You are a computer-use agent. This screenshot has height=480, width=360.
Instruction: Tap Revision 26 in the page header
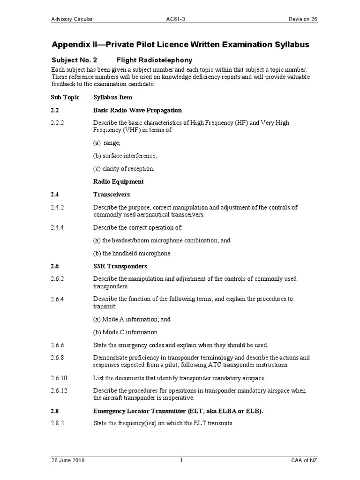click(303, 19)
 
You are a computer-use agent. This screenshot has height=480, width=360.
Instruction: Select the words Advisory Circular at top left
click(72, 19)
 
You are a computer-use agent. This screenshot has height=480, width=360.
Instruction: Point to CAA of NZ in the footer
click(304, 461)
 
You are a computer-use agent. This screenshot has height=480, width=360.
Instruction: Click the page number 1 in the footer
click(180, 461)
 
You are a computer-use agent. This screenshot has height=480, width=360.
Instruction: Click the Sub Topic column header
click(65, 97)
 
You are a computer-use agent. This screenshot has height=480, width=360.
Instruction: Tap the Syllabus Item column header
click(112, 97)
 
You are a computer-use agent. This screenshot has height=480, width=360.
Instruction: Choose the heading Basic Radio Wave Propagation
click(137, 110)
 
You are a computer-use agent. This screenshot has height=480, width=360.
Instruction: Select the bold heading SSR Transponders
click(120, 266)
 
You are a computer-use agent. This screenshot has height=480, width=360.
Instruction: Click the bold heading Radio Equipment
click(118, 181)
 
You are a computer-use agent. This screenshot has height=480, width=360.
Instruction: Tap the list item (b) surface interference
click(125, 156)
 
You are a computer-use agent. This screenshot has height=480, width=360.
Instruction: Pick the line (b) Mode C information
click(126, 332)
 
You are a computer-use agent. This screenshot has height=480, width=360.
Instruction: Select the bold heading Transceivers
click(112, 194)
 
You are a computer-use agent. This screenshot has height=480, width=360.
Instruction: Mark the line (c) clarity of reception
click(123, 168)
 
